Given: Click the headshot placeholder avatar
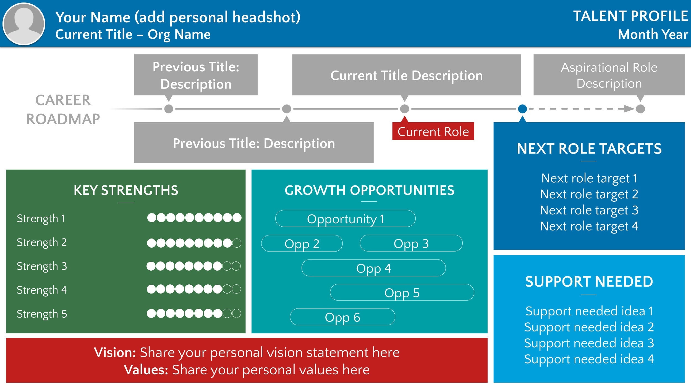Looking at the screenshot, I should coord(24,24).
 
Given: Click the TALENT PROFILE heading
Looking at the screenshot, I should coord(630,16).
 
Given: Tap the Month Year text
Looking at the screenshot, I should coord(653,35).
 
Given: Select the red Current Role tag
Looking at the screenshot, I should coord(433,131).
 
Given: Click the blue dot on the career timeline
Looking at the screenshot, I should coord(522,109).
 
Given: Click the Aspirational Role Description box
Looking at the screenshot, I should coord(609,75).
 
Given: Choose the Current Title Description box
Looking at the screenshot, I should coord(406,75).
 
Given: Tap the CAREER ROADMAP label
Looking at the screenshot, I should coord(63,109).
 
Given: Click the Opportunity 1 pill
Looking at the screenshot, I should coord(345,219).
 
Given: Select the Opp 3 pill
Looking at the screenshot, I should coord(411,243).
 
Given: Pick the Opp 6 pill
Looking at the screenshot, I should coord(342,317).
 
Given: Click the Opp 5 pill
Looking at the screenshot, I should coord(402,292).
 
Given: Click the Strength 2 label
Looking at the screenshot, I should coord(42,242).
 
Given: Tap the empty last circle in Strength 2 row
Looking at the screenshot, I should coord(237,243).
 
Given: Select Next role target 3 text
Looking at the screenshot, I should coord(589,210).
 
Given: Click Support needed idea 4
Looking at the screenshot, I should coord(589,359).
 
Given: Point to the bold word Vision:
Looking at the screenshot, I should coord(115,352).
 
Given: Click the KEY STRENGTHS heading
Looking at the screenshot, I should coord(126,190).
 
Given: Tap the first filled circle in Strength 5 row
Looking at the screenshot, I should coord(151,313).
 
